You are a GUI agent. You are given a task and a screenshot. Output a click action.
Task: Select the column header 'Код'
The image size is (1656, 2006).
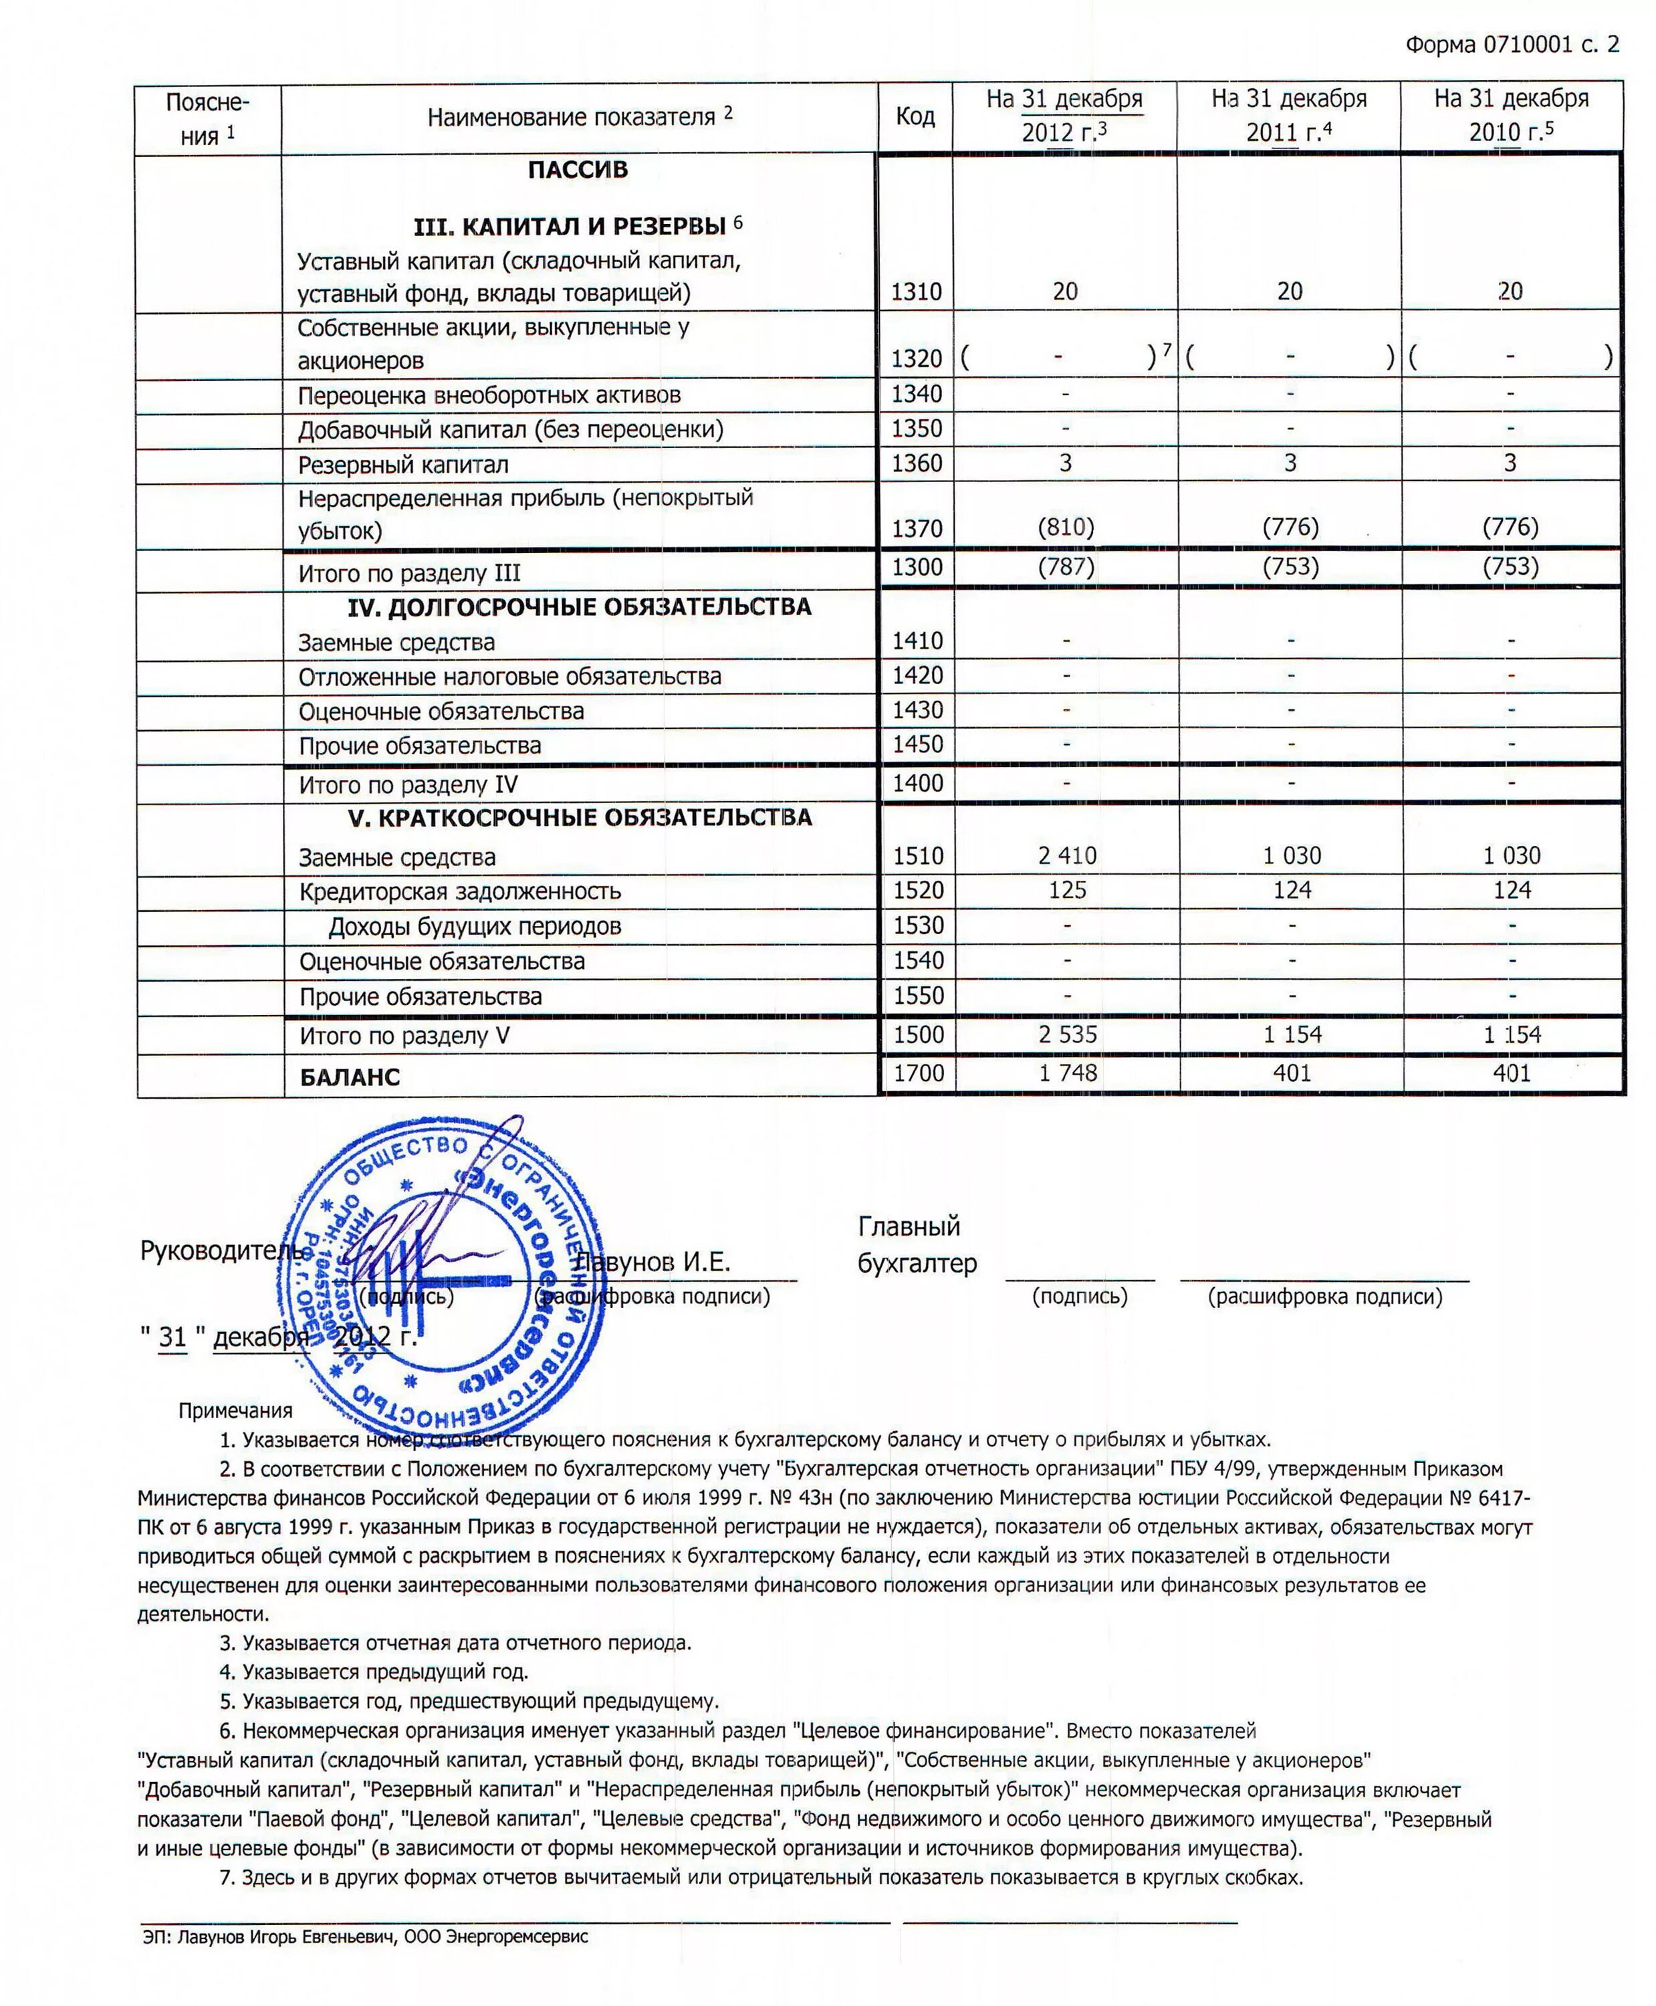(915, 116)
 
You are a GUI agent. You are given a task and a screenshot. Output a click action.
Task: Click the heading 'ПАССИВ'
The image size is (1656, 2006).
(578, 170)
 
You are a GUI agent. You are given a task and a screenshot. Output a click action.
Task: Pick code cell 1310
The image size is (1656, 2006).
(916, 292)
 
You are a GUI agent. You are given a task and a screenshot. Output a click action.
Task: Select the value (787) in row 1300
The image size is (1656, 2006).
(1066, 566)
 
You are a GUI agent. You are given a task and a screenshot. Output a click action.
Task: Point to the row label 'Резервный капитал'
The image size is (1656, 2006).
(404, 465)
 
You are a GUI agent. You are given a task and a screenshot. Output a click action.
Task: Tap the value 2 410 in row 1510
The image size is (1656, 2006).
(1066, 856)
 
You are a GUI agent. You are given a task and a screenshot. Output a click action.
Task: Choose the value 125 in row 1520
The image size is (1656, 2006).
(1066, 890)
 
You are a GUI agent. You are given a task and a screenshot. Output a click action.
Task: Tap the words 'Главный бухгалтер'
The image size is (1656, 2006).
(916, 1245)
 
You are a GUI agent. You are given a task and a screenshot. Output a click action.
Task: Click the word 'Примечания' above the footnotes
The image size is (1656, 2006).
(235, 1410)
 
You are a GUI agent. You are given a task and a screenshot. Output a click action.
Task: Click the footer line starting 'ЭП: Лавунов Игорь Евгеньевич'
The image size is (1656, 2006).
(365, 1936)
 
